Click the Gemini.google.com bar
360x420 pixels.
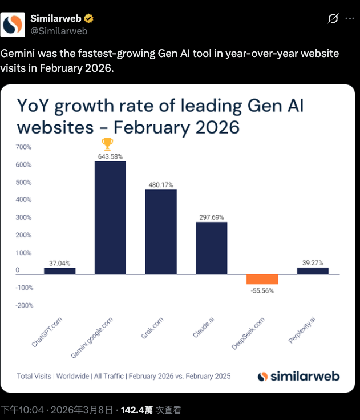pyautogui.click(x=110, y=217)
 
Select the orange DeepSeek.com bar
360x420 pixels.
pyautogui.click(x=262, y=279)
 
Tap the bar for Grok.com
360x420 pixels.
pyautogui.click(x=161, y=232)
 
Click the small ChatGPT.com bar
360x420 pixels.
pyautogui.click(x=60, y=271)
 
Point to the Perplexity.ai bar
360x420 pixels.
pyautogui.click(x=313, y=271)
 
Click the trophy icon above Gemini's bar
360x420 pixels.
pyautogui.click(x=107, y=144)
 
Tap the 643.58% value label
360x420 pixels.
pyautogui.click(x=110, y=156)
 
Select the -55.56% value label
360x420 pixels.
pyautogui.click(x=262, y=290)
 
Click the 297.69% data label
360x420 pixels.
pyautogui.click(x=212, y=217)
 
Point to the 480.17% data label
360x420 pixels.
pyautogui.click(x=161, y=184)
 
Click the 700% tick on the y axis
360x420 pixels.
pyautogui.click(x=24, y=147)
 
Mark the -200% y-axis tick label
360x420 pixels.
pyautogui.click(x=24, y=305)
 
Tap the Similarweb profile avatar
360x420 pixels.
pyautogui.click(x=13, y=24)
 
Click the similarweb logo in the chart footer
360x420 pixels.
pyautogui.click(x=298, y=376)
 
